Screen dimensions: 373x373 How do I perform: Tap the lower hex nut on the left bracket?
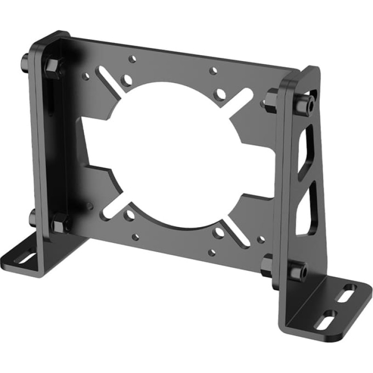(60, 222)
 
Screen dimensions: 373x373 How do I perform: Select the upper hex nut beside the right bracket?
(271, 99)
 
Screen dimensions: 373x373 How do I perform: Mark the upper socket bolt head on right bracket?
(303, 105)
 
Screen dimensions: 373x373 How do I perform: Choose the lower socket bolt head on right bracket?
(298, 270)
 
